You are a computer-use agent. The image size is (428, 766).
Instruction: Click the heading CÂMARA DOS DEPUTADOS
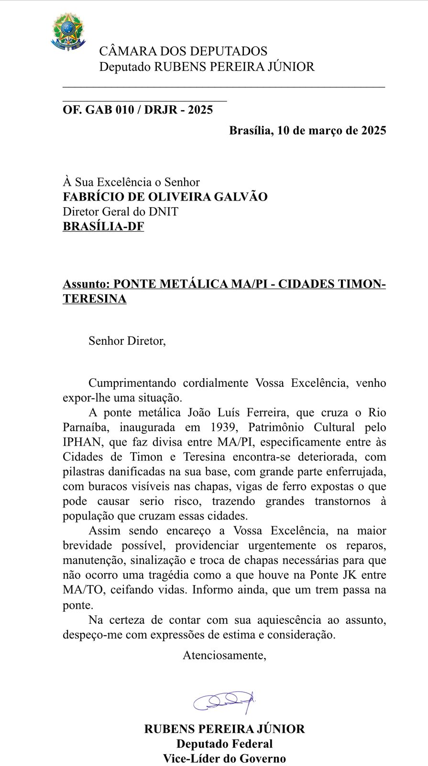pos(183,51)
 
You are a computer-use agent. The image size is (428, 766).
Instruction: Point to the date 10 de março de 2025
pos(331,130)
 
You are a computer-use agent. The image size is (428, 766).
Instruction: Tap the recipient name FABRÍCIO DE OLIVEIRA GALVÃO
pos(165,197)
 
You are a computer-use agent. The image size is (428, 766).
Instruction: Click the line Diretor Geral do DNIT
pos(121,212)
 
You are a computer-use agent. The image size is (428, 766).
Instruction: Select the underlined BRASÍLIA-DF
pos(103,226)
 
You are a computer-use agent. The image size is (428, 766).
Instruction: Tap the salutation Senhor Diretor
pos(127,341)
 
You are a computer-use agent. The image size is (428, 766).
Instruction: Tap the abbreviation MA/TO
pos(82,590)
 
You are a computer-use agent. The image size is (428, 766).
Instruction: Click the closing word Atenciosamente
pos(224,655)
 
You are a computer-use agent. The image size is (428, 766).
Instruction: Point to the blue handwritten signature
pos(225,700)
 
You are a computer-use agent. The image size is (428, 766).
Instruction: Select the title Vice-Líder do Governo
pos(224,758)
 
